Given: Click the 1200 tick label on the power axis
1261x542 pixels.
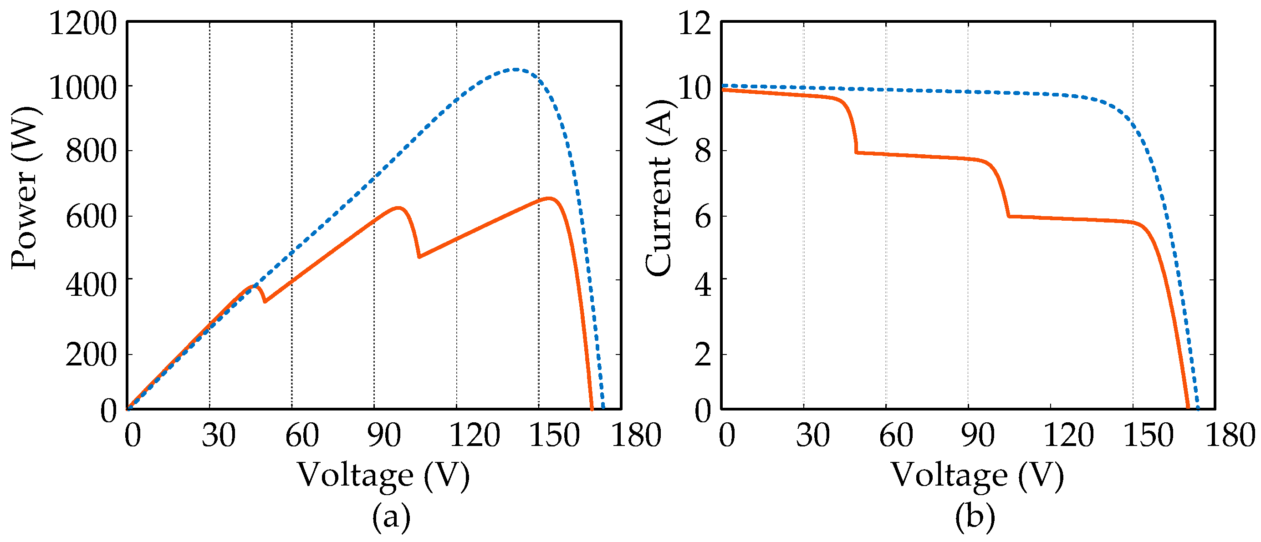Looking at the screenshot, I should click(x=83, y=24).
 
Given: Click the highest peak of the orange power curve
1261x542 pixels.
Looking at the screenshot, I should click(x=550, y=198).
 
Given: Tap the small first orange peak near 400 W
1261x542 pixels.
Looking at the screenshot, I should click(x=254, y=286).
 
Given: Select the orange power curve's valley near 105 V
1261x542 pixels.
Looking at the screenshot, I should click(x=419, y=257).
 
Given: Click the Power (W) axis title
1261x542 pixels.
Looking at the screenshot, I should click(x=25, y=188).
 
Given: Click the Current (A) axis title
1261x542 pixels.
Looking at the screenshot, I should click(x=659, y=188).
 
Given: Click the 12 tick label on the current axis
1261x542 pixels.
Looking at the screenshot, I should click(x=694, y=24).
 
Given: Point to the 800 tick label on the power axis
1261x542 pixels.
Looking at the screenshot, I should click(x=92, y=151).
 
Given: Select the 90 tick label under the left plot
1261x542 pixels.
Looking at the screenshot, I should click(x=384, y=435).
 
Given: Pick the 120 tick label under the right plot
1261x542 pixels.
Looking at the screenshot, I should click(x=1069, y=435).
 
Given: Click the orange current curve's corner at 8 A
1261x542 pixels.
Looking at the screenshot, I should click(x=856, y=152).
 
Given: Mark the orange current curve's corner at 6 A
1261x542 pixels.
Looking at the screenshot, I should click(x=1009, y=216).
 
